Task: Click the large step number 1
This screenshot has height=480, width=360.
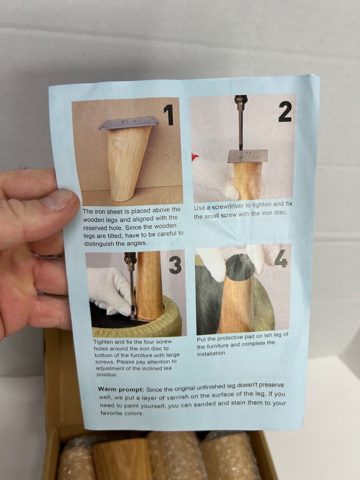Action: click(169, 115)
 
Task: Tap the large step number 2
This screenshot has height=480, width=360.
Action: click(285, 112)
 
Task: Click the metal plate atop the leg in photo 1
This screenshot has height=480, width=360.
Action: click(128, 123)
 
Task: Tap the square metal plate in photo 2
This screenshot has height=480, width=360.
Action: click(248, 156)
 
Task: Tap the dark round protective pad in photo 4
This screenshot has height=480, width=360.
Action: click(240, 268)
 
